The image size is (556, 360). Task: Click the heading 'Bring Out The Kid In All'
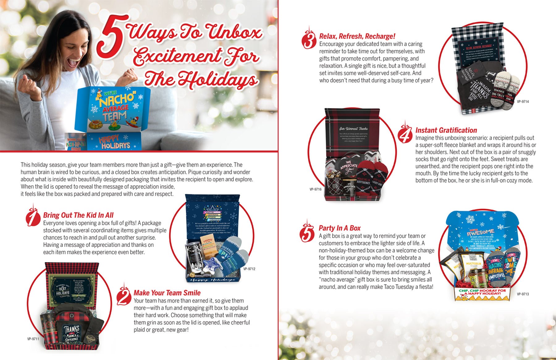pyautogui.click(x=78, y=215)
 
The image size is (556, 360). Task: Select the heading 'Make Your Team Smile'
pyautogui.click(x=167, y=293)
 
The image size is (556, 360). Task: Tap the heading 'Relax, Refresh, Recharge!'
pyautogui.click(x=357, y=36)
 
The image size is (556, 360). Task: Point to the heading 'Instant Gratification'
pyautogui.click(x=446, y=130)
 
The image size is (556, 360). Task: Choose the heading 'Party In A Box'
pyautogui.click(x=339, y=228)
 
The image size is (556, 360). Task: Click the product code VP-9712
pyautogui.click(x=249, y=269)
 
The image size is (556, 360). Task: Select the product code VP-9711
pyautogui.click(x=33, y=339)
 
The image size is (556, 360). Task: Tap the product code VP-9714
pyautogui.click(x=523, y=101)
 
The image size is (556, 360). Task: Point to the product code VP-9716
pyautogui.click(x=315, y=189)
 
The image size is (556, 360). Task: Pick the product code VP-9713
pyautogui.click(x=523, y=294)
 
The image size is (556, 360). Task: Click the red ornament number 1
pyautogui.click(x=33, y=216)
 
